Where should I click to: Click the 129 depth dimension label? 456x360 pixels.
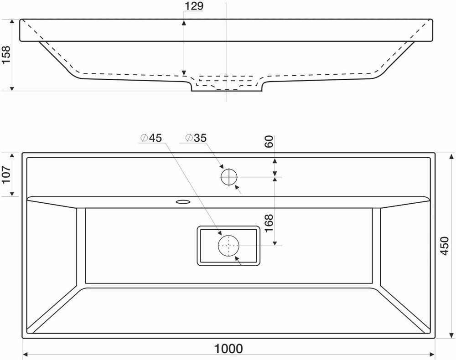point(194,6)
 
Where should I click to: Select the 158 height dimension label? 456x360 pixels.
point(6,55)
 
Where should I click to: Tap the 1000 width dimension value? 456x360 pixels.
point(228,349)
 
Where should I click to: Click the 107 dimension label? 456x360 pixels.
point(6,175)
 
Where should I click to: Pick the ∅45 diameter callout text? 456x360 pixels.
point(151,138)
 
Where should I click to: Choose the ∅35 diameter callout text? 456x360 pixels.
point(196,138)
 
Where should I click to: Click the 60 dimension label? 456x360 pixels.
point(269,142)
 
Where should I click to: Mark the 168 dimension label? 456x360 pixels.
point(269,223)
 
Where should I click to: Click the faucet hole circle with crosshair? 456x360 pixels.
point(229,177)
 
